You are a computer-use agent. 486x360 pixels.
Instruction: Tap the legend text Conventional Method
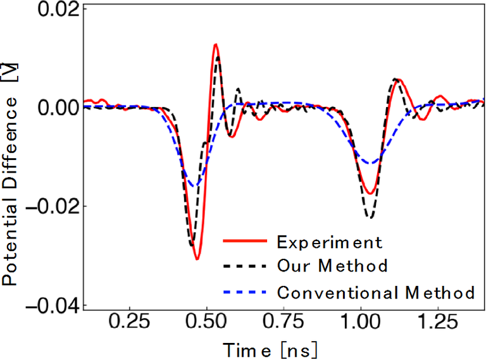pos(376,292)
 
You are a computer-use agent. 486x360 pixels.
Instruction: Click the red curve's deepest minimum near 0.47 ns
pos(197,259)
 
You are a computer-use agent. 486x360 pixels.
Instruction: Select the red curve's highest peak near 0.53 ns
pos(216,44)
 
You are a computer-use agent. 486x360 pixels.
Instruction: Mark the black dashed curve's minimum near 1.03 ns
pos(370,218)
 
